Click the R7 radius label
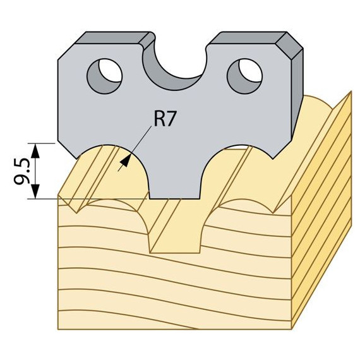pyautogui.click(x=165, y=119)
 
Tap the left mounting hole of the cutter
pyautogui.click(x=104, y=76)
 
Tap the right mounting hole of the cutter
pyautogui.click(x=244, y=76)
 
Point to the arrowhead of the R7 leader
pyautogui.click(x=126, y=160)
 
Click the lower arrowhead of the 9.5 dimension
pyautogui.click(x=35, y=191)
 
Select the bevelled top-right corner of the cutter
pyautogui.click(x=289, y=45)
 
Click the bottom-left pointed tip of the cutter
pyautogui.click(x=76, y=159)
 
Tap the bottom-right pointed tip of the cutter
pyautogui.click(x=273, y=159)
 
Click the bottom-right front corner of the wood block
pyautogui.click(x=291, y=330)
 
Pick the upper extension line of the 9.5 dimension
pyautogui.click(x=41, y=143)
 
